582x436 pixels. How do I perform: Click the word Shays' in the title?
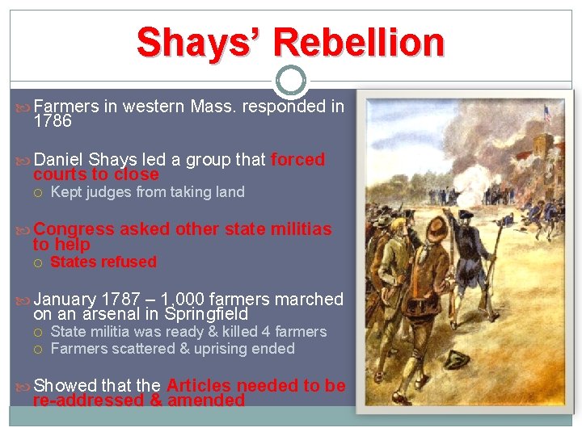point(196,42)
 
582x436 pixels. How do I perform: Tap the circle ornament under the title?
point(290,81)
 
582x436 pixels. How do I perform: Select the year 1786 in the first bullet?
point(53,122)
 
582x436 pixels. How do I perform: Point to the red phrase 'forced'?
point(297,160)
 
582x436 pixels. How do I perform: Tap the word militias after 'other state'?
point(298,229)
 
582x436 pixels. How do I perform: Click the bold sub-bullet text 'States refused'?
point(103,262)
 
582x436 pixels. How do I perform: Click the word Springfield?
point(205,314)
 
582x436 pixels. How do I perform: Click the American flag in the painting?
point(546,112)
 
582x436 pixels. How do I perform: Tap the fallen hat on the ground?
point(458,379)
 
